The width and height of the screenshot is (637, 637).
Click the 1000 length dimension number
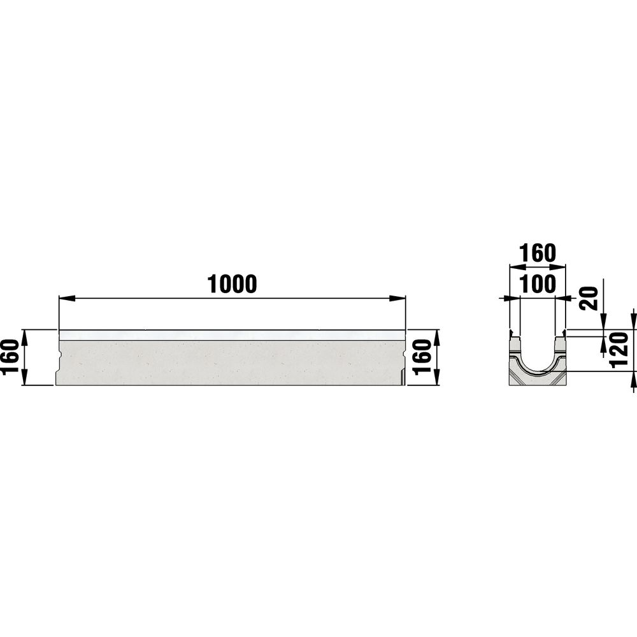(x=232, y=284)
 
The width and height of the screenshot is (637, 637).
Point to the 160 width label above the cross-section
(x=537, y=253)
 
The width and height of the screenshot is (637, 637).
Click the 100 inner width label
(x=537, y=284)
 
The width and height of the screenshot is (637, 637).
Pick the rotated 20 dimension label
(x=589, y=299)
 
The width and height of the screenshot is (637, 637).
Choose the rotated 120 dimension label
(x=620, y=350)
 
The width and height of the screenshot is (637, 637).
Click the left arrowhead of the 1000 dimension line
(x=67, y=299)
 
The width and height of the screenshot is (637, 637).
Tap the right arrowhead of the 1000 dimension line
(x=397, y=299)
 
